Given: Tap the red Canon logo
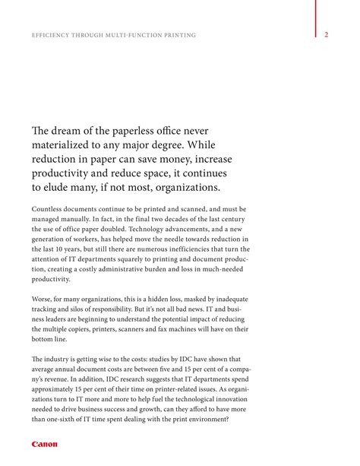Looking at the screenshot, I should coord(44,444).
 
